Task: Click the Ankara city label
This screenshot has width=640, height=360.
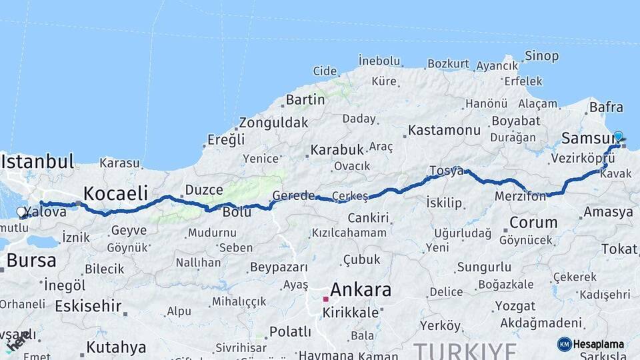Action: [x=361, y=290]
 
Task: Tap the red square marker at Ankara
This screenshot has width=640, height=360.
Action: [x=326, y=299]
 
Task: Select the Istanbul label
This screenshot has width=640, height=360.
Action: [x=37, y=161]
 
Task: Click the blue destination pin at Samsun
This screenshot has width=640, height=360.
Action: [x=618, y=137]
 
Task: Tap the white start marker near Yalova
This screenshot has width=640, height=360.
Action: [x=21, y=213]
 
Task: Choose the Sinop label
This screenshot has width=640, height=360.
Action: [x=541, y=56]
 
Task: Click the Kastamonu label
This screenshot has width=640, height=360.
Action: [x=444, y=130]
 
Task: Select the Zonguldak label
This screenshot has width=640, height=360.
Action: [x=273, y=123]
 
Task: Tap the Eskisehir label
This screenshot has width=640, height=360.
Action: [x=88, y=307]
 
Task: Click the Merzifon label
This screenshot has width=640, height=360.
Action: [x=520, y=197]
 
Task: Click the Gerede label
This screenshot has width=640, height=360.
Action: [x=293, y=196]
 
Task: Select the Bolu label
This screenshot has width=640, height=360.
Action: [x=237, y=212]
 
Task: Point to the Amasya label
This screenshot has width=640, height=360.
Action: [x=608, y=213]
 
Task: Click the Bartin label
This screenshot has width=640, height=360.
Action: [x=305, y=100]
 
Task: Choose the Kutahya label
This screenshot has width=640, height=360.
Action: [x=117, y=347]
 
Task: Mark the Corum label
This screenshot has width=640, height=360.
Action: [x=533, y=222]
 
